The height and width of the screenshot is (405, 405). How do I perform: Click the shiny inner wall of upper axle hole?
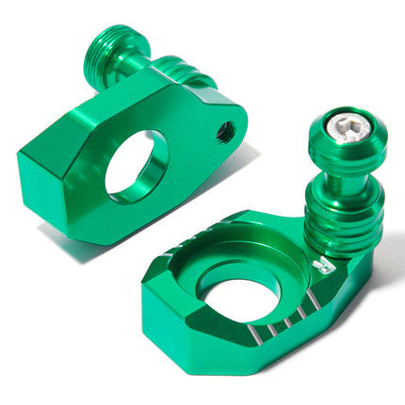click(x=151, y=155)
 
